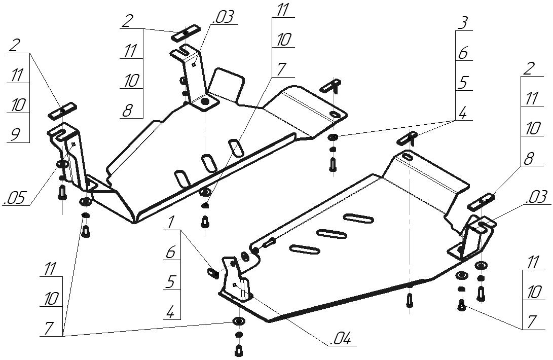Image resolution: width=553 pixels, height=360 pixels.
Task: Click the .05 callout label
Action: [16, 198]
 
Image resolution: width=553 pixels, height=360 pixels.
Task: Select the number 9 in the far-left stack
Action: [15, 134]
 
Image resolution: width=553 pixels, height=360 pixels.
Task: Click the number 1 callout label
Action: [171, 222]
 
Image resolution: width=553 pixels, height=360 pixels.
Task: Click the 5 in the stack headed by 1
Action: [171, 282]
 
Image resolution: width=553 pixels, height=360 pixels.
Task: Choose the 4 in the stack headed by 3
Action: [463, 112]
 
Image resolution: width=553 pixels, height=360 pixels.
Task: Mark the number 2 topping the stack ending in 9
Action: [14, 45]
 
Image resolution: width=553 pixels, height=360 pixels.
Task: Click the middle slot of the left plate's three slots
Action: [208, 163]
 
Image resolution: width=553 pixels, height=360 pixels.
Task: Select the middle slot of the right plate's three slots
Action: [332, 233]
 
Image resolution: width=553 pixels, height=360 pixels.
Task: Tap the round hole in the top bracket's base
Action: [205, 102]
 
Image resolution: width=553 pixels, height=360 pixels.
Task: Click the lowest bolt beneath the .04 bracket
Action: [238, 349]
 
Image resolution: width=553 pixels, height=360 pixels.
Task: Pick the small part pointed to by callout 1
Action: [213, 273]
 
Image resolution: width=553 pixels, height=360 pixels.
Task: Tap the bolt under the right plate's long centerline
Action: [409, 300]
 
